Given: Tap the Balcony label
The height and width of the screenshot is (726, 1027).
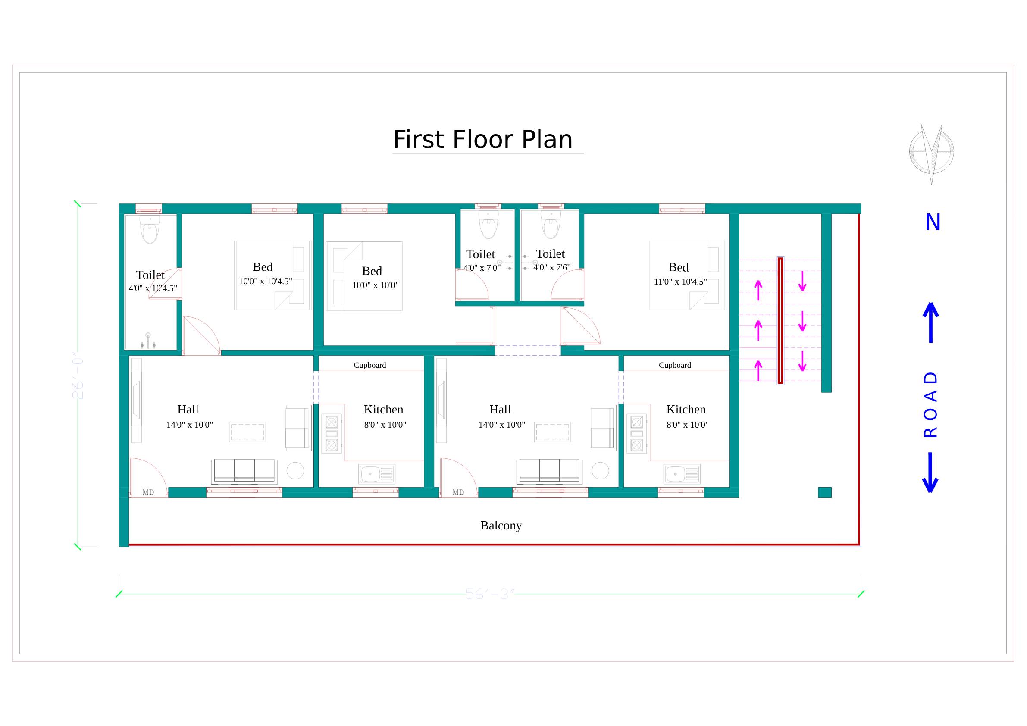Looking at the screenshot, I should pyautogui.click(x=501, y=525).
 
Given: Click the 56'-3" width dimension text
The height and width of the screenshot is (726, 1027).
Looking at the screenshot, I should pyautogui.click(x=490, y=594).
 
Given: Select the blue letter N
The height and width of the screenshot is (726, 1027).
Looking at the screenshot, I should pyautogui.click(x=933, y=222).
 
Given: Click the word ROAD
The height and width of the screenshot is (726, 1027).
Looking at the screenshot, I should pyautogui.click(x=930, y=404).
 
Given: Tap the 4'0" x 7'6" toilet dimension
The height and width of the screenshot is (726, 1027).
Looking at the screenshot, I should pyautogui.click(x=551, y=267).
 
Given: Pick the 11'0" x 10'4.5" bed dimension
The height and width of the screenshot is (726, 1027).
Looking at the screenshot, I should pyautogui.click(x=680, y=282).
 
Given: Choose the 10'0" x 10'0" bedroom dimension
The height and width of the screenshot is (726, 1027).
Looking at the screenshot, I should pyautogui.click(x=375, y=285).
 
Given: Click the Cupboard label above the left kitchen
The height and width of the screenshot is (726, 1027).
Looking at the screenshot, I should pyautogui.click(x=369, y=365).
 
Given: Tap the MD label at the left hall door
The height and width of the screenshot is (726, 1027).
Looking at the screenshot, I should pyautogui.click(x=148, y=492).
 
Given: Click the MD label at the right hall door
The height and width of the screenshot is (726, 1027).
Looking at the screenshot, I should pyautogui.click(x=458, y=492).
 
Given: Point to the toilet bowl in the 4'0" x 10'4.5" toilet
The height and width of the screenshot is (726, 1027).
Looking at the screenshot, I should pyautogui.click(x=150, y=230).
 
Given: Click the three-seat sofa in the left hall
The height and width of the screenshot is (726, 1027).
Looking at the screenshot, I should pyautogui.click(x=244, y=471).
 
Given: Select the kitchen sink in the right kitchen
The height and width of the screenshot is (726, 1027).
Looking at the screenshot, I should pyautogui.click(x=682, y=474).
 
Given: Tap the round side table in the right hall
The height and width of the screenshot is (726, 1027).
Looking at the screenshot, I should pyautogui.click(x=600, y=471).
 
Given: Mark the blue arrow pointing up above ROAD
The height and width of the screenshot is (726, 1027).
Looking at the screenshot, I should pyautogui.click(x=931, y=322).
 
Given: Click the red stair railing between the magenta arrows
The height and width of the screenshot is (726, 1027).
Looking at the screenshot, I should pyautogui.click(x=780, y=320).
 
